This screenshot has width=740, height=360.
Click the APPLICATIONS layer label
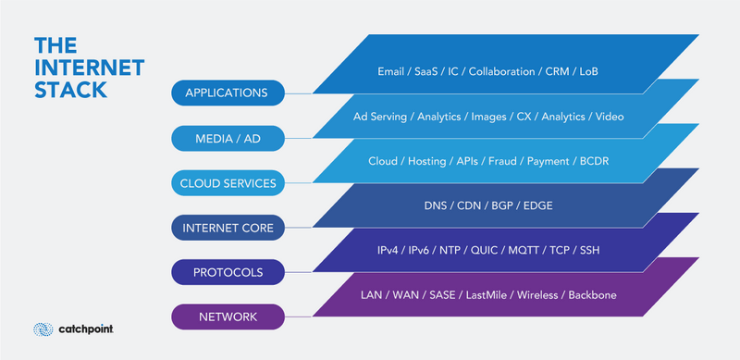coord(227,93)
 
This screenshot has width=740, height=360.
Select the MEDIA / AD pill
coord(227,138)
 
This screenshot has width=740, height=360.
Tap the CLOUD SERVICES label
coord(227,183)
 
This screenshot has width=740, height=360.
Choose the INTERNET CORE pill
coord(227,228)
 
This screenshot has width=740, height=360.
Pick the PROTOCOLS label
coord(227,273)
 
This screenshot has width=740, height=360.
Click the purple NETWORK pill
coord(227,318)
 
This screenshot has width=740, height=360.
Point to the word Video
coord(610,117)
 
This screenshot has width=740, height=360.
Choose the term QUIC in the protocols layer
coord(485,251)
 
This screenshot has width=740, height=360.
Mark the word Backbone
coord(586,295)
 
